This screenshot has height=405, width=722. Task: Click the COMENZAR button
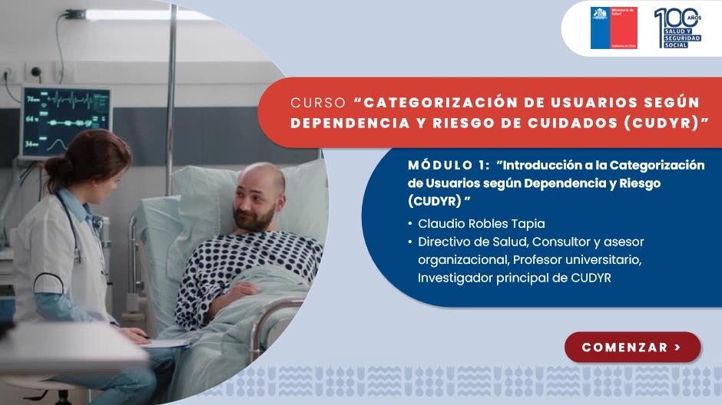633,347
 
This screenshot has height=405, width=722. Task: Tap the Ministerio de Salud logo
614,28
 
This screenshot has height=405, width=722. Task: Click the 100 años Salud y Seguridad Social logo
677,28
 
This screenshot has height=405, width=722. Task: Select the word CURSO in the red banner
318,103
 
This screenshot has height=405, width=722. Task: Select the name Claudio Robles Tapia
481,224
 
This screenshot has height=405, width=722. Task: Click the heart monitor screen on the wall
67,121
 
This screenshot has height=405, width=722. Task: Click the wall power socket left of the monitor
35,71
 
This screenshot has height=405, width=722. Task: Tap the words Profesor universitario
577,260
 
